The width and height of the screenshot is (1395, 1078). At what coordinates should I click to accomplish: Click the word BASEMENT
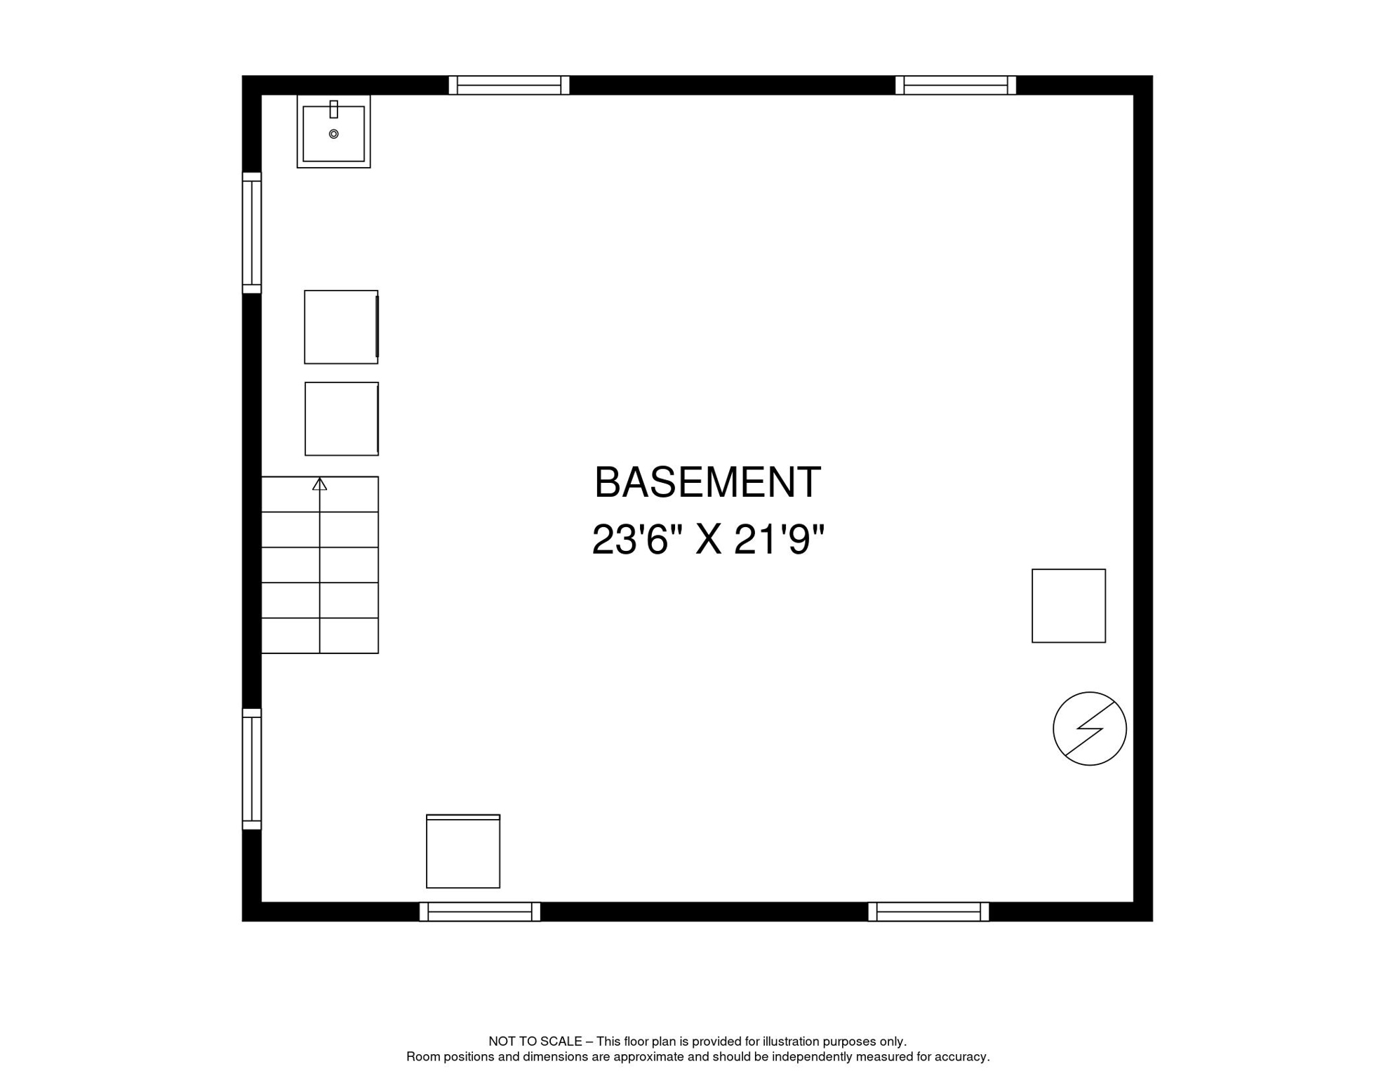pyautogui.click(x=707, y=484)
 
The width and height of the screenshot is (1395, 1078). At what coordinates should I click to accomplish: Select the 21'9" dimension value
pyautogui.click(x=779, y=540)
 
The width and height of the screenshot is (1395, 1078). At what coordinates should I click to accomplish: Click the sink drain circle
pyautogui.click(x=334, y=134)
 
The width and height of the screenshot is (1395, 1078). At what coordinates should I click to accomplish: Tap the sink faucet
pyautogui.click(x=334, y=109)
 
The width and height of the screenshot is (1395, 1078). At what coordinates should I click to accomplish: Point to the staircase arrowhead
pyautogui.click(x=320, y=484)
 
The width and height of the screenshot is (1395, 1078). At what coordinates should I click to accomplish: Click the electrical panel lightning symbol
pyautogui.click(x=1089, y=729)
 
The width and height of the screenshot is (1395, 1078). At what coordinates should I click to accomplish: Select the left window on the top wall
pyautogui.click(x=509, y=86)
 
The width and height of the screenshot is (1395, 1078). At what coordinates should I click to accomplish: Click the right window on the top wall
pyautogui.click(x=956, y=86)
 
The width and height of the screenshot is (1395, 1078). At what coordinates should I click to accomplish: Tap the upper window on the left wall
pyautogui.click(x=252, y=233)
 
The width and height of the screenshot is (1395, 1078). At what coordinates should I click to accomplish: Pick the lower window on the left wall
pyautogui.click(x=252, y=769)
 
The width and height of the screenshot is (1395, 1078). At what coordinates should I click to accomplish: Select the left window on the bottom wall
pyautogui.click(x=480, y=912)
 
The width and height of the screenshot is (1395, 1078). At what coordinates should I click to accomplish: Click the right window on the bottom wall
pyautogui.click(x=928, y=912)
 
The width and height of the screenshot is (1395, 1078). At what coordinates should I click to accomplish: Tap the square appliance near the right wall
pyautogui.click(x=1069, y=606)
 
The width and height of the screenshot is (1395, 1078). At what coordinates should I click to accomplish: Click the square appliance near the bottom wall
pyautogui.click(x=463, y=851)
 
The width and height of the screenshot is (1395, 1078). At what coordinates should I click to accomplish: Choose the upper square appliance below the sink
pyautogui.click(x=341, y=327)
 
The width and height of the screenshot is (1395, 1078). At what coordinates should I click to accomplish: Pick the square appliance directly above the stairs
pyautogui.click(x=342, y=419)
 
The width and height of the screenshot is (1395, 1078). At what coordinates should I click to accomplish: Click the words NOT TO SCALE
pyautogui.click(x=535, y=1042)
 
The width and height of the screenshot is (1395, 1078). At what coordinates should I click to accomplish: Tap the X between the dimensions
pyautogui.click(x=709, y=540)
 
